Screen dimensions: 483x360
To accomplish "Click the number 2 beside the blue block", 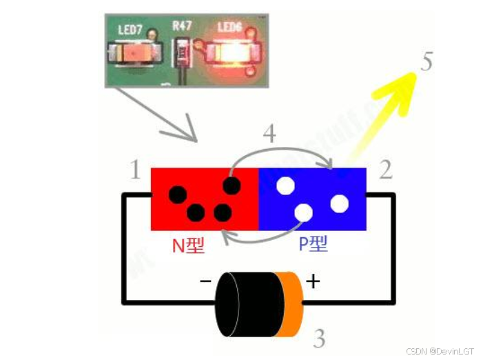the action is pyautogui.click(x=386, y=170).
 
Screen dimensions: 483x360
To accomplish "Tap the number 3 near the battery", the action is pyautogui.click(x=319, y=339).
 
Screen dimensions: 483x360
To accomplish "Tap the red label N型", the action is pyautogui.click(x=188, y=245).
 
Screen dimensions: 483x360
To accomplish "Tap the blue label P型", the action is pyautogui.click(x=313, y=245).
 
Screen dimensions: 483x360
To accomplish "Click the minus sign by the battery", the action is pyautogui.click(x=205, y=281).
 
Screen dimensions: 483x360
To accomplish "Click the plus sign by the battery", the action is pyautogui.click(x=313, y=281).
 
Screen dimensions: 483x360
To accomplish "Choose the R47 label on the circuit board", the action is pyautogui.click(x=182, y=26).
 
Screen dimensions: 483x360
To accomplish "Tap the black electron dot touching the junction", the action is pyautogui.click(x=232, y=186).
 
